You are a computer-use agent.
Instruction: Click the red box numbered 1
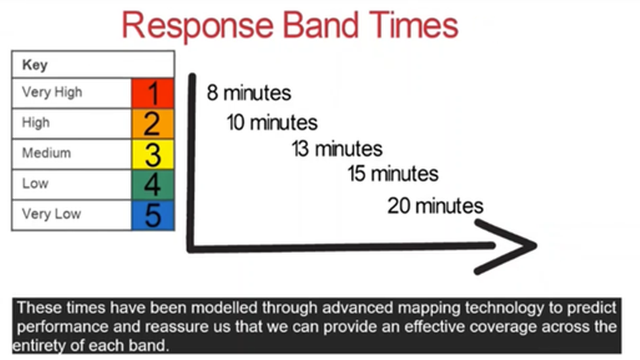click(x=153, y=93)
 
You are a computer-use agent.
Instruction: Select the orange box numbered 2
click(x=153, y=124)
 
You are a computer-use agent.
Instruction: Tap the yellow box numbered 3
click(x=153, y=154)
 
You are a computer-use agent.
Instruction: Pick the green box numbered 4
click(x=153, y=184)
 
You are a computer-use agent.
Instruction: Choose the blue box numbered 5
click(x=153, y=215)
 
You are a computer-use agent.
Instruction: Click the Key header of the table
click(x=35, y=65)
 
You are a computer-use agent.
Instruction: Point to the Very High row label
click(x=52, y=92)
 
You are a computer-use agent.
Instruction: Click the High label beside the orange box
click(x=36, y=123)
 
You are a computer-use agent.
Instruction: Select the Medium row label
click(x=47, y=153)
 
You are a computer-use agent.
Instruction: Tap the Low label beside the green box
click(x=35, y=184)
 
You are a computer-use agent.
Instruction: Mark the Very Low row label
click(x=51, y=214)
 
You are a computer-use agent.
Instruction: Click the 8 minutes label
click(x=249, y=92)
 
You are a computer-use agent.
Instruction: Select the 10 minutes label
click(x=272, y=123)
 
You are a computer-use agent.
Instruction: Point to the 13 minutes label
click(x=337, y=149)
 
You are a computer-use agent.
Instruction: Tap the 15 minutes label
click(x=393, y=174)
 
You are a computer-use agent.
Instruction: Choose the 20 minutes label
click(x=435, y=206)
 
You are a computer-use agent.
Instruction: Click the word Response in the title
click(x=197, y=26)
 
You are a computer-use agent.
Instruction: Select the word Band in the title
click(x=321, y=25)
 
